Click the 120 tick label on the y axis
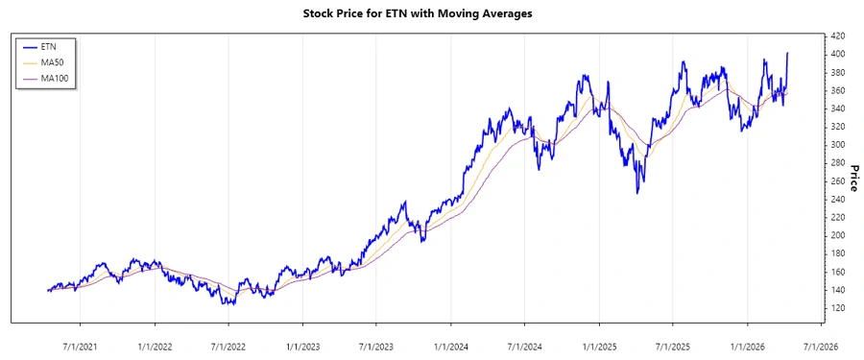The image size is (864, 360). coord(836,307)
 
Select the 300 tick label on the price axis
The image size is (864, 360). coord(836,144)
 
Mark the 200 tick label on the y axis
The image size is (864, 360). coord(836,235)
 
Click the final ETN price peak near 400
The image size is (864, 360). coord(788,53)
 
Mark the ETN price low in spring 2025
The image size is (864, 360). coord(637,193)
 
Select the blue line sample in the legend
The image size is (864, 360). coord(35,45)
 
